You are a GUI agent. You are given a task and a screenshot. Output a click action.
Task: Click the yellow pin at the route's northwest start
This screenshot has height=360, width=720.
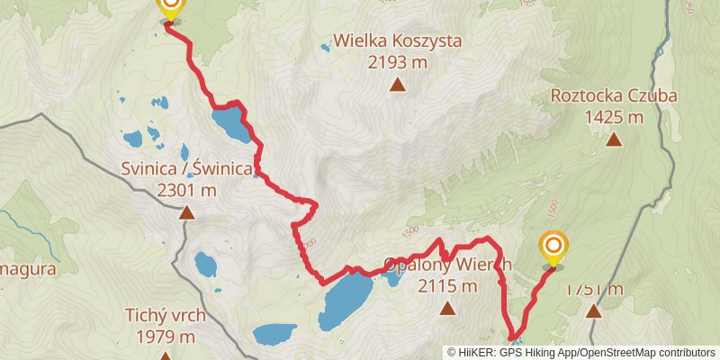coord(168,8)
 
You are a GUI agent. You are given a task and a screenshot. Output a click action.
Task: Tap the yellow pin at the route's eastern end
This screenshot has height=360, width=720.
coord(553,248)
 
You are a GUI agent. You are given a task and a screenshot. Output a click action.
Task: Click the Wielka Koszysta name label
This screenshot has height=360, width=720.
coord(397,40)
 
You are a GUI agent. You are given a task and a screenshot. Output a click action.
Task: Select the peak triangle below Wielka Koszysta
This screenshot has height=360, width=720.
coord(397,85)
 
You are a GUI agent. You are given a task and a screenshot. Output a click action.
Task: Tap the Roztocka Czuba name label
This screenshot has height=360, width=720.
coord(614,95)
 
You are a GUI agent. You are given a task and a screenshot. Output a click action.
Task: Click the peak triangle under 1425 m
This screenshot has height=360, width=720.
coord(614,139)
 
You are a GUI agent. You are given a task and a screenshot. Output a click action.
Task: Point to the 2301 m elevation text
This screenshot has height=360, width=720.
coord(186,190)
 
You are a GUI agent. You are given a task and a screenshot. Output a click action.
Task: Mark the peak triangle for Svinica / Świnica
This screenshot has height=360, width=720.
coord(186,213)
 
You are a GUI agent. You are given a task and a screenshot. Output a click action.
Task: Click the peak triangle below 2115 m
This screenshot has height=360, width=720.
coord(447,310)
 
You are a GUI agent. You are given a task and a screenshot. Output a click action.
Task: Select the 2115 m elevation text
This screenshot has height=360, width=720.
coord(447,287)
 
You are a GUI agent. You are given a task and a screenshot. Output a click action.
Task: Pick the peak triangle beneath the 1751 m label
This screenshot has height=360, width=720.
coord(594,311)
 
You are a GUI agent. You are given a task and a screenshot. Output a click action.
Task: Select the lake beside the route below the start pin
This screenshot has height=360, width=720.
coord(231,125)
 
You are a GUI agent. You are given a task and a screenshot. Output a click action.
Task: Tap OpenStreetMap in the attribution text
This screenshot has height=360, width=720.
coord(622,352)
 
